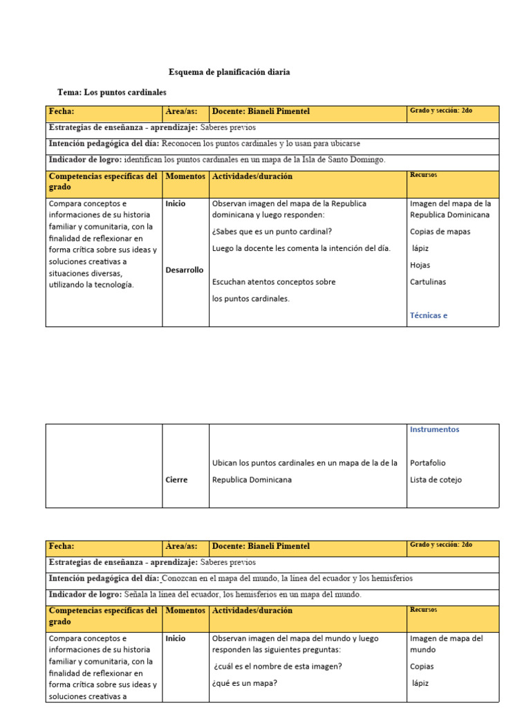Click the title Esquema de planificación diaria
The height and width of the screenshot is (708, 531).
pyautogui.click(x=230, y=72)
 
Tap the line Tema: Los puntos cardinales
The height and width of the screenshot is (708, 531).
pyautogui.click(x=111, y=92)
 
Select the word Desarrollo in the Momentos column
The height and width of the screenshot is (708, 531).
pyautogui.click(x=185, y=270)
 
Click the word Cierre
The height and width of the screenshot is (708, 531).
pyautogui.click(x=176, y=480)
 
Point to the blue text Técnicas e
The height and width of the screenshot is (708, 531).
pyautogui.click(x=429, y=315)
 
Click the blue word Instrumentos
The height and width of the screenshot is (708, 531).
pyautogui.click(x=434, y=429)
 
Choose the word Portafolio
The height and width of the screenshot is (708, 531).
pyautogui.click(x=427, y=463)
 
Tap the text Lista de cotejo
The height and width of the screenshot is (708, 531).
pyautogui.click(x=436, y=480)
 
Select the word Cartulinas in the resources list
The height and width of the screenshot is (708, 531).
pyautogui.click(x=428, y=281)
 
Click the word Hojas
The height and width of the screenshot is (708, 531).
pyautogui.click(x=420, y=265)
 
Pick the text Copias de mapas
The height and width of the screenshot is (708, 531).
pyautogui.click(x=440, y=232)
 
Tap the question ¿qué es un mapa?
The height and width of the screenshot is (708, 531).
pyautogui.click(x=245, y=683)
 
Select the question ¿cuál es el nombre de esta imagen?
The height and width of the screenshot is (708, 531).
pyautogui.click(x=277, y=667)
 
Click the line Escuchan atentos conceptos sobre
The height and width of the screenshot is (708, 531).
pyautogui.click(x=273, y=282)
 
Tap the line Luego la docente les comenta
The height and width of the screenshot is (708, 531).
pyautogui.click(x=301, y=248)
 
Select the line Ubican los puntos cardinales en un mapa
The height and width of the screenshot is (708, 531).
pyautogui.click(x=304, y=463)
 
